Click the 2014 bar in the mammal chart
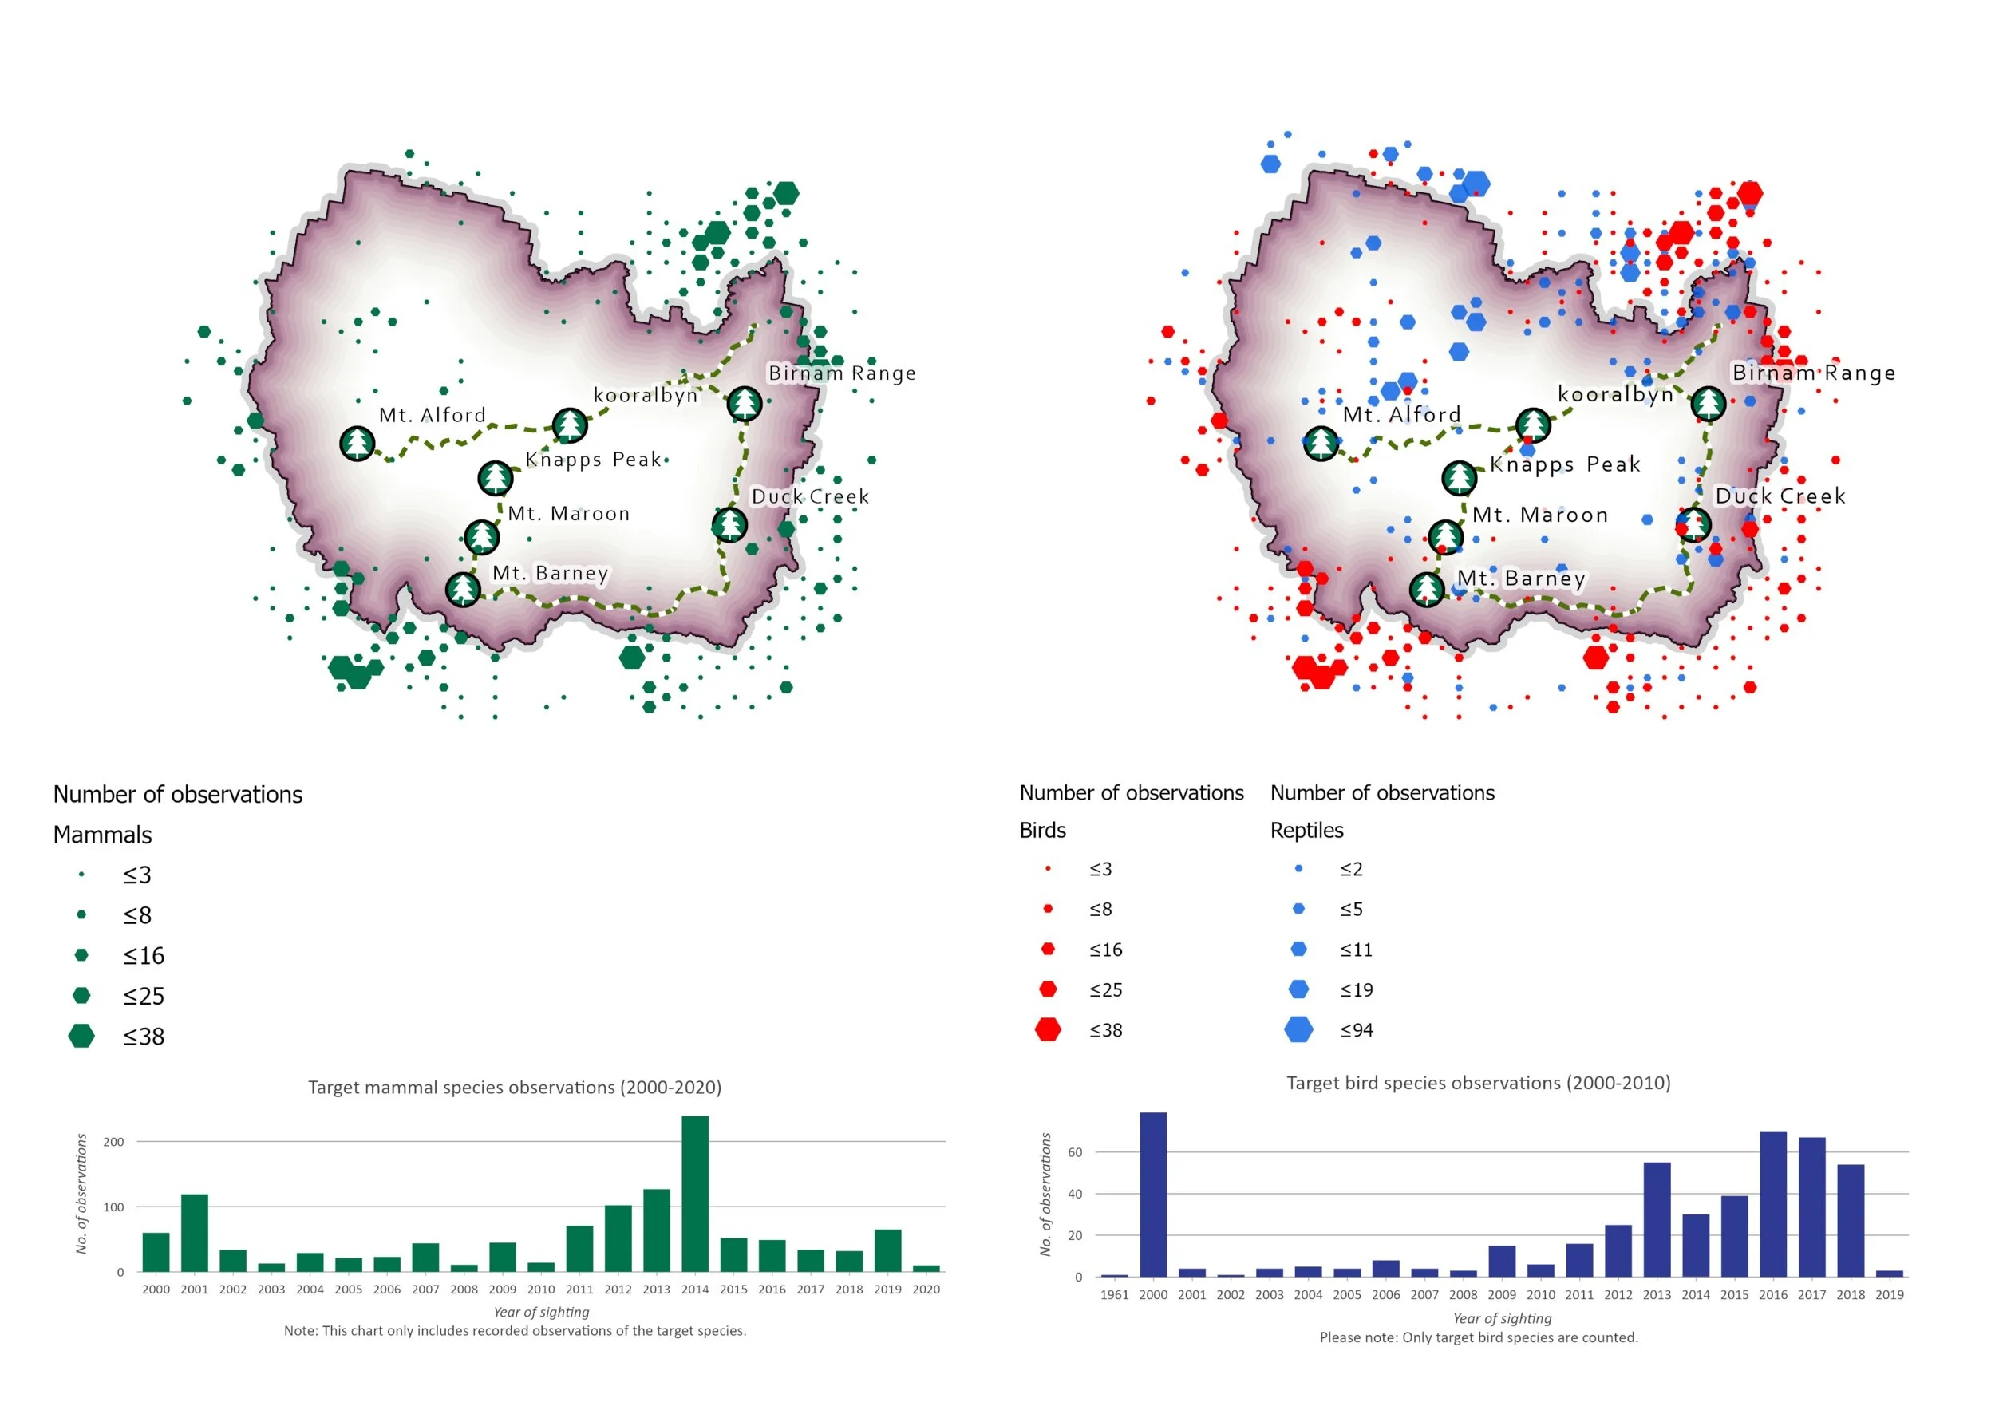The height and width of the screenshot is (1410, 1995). click(x=695, y=1194)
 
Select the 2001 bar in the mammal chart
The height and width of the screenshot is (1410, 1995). click(x=195, y=1233)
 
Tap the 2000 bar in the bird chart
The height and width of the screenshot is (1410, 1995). click(x=1153, y=1195)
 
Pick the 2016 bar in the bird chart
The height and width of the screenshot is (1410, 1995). click(x=1773, y=1204)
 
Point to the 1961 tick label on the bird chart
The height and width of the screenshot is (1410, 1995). click(x=1115, y=1294)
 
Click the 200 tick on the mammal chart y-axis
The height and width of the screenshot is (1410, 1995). click(x=114, y=1142)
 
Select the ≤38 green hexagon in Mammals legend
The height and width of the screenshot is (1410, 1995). click(x=81, y=1036)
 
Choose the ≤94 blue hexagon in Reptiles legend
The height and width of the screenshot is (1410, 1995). click(x=1298, y=1029)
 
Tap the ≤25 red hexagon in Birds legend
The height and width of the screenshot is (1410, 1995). click(x=1048, y=989)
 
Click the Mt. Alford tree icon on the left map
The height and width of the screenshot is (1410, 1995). click(x=358, y=444)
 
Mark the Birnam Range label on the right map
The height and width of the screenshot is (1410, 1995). click(x=1813, y=373)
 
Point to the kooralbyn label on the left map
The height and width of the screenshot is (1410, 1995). click(x=646, y=395)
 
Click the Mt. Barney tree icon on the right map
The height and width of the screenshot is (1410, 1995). click(x=1427, y=589)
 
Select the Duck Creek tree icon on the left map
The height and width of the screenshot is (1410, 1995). click(x=729, y=525)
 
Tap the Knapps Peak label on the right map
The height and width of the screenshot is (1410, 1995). click(x=1565, y=464)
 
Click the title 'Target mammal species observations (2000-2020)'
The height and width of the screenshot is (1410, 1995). click(x=516, y=1088)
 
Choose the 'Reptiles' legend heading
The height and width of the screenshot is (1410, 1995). click(x=1307, y=831)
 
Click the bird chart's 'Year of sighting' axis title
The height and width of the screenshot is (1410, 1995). click(x=1503, y=1318)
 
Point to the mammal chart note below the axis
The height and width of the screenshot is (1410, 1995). click(x=516, y=1331)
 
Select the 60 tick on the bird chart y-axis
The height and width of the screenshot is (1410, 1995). click(x=1076, y=1153)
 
